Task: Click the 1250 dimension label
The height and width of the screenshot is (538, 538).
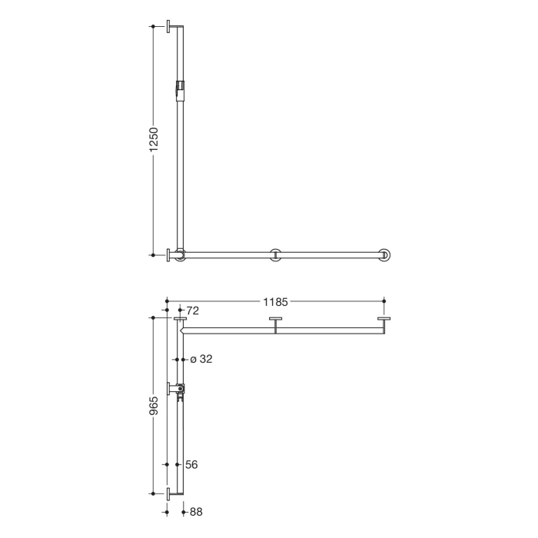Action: coord(154,140)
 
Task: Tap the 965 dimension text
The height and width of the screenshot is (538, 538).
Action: coord(154,405)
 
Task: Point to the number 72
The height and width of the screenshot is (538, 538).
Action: coord(193,311)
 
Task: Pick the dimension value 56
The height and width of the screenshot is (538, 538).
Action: coord(192,464)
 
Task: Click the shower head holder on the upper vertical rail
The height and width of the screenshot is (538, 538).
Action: coord(181,88)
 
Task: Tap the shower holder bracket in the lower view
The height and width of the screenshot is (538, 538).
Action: coord(179,390)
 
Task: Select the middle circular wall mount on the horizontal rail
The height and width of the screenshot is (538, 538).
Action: coord(275,254)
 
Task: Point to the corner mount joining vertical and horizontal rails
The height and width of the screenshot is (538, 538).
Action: coord(180,254)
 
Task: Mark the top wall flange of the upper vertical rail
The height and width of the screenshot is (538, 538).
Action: coord(168,28)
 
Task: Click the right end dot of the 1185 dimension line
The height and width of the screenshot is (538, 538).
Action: coord(384,302)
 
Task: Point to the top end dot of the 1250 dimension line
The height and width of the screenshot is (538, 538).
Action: coord(154,27)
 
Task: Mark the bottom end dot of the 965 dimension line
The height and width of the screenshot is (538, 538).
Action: coord(154,493)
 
